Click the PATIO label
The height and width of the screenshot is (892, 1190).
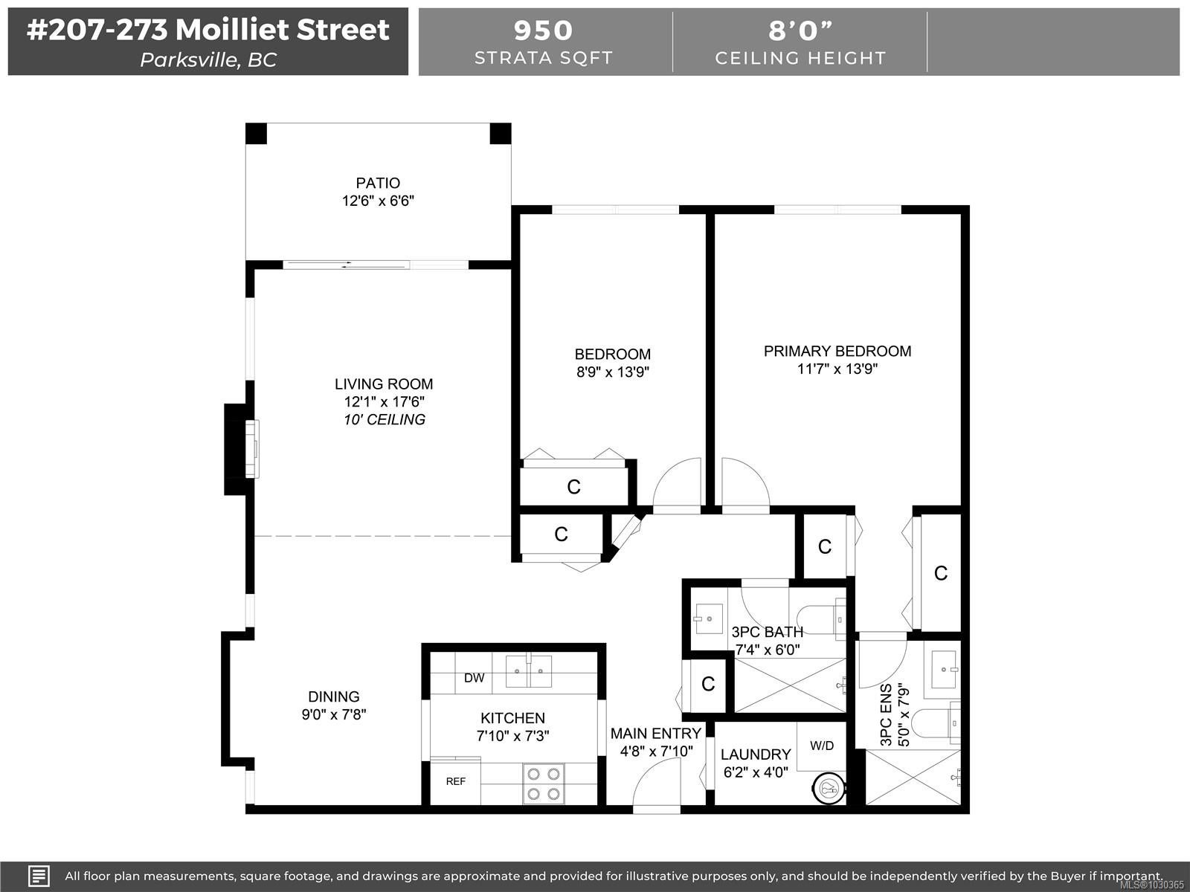[378, 183]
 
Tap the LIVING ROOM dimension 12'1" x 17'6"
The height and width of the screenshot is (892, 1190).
[384, 402]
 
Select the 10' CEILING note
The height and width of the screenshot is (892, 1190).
[385, 420]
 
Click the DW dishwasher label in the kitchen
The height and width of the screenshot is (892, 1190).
[475, 678]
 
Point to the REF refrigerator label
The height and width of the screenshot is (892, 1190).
[455, 781]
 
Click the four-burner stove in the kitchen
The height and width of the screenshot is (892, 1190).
[543, 783]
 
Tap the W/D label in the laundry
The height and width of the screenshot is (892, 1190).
[822, 746]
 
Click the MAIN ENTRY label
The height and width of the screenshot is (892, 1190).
[656, 734]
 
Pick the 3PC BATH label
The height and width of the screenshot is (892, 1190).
[767, 632]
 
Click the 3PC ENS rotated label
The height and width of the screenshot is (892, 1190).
[886, 715]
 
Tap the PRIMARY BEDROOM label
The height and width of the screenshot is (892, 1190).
[837, 351]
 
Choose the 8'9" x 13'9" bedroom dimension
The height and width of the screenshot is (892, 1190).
[613, 372]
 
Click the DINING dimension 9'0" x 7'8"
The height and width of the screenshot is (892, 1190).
[334, 714]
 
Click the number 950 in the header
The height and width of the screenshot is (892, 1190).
[543, 30]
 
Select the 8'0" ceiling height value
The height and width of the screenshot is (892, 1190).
[800, 30]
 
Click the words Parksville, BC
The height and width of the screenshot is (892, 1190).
[208, 59]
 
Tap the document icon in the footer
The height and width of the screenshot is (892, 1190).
[39, 876]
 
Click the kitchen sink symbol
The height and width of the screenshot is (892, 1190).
[529, 671]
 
